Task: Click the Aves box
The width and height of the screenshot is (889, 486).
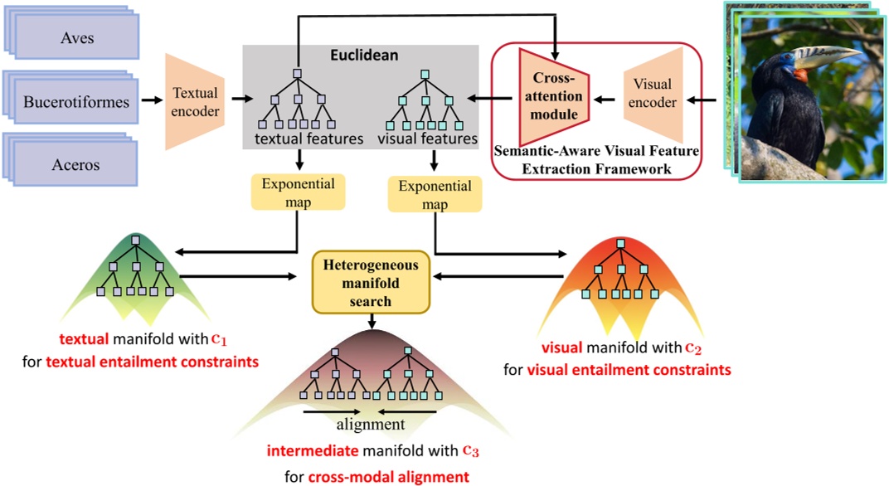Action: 77,39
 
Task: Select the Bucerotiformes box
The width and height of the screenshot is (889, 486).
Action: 77,103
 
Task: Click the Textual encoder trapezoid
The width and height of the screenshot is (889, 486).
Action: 195,102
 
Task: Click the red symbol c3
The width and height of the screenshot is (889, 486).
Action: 471,451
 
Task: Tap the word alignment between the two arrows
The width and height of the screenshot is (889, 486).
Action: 370,425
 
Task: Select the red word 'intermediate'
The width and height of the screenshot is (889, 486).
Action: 315,453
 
